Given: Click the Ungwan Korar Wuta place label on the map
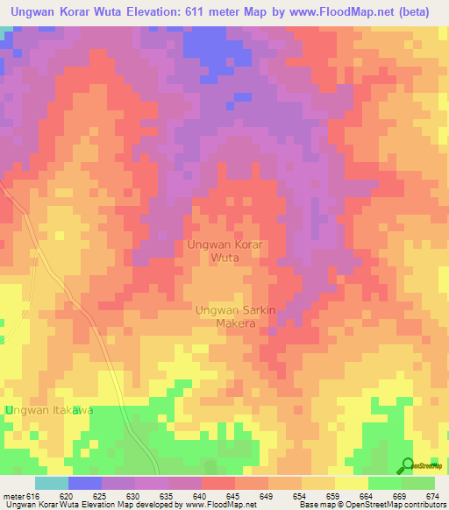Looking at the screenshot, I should pyautogui.click(x=224, y=251).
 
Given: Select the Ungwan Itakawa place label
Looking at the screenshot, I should pyautogui.click(x=48, y=410).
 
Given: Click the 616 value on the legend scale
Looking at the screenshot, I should pyautogui.click(x=31, y=495).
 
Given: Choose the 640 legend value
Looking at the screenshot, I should pyautogui.click(x=201, y=495).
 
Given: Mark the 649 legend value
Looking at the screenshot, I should pyautogui.click(x=267, y=495).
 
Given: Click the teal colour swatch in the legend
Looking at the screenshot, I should pyautogui.click(x=52, y=483).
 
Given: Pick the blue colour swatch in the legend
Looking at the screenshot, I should pyautogui.click(x=85, y=483).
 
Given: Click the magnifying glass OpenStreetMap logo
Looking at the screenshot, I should pyautogui.click(x=408, y=466).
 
